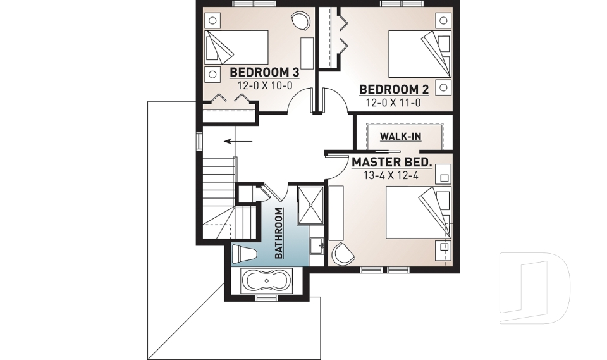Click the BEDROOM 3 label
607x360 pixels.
(264, 71)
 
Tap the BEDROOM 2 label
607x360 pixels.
(389, 90)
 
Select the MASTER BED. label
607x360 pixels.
(392, 163)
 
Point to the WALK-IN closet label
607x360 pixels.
(401, 136)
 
